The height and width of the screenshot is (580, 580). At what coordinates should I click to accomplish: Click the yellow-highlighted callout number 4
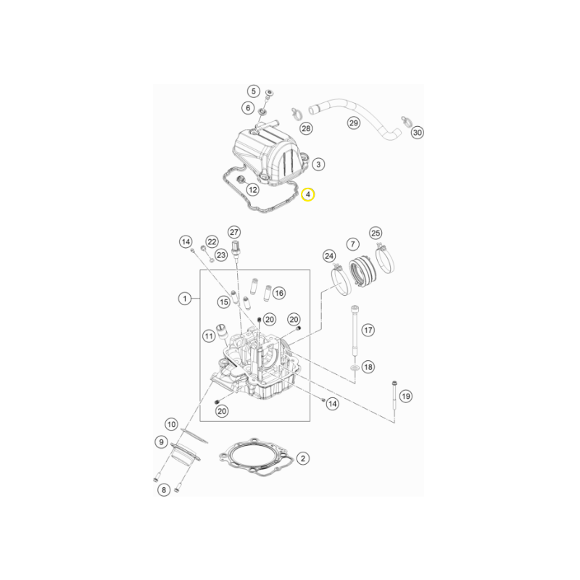click(307, 194)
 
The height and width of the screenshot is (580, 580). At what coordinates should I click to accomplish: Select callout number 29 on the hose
click(354, 123)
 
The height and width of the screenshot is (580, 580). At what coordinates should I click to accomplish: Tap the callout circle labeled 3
click(318, 164)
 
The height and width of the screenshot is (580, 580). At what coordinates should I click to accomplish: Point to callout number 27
click(233, 232)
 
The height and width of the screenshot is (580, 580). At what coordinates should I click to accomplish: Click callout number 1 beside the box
click(185, 298)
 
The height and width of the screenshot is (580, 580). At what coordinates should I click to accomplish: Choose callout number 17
click(368, 330)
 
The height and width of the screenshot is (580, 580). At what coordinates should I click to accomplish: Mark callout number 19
click(406, 396)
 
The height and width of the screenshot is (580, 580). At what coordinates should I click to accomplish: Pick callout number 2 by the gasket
click(303, 458)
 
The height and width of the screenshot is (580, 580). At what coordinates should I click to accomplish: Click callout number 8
click(164, 490)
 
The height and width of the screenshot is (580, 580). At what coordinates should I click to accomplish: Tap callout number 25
click(376, 233)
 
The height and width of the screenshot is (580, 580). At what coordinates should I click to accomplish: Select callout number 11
click(209, 336)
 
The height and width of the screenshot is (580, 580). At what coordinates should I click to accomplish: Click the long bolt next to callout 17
click(355, 331)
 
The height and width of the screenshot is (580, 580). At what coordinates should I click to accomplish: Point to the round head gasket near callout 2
click(257, 457)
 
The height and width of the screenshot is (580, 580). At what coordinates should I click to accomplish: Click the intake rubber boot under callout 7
click(363, 270)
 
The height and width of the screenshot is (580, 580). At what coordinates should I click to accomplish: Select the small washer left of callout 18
click(355, 368)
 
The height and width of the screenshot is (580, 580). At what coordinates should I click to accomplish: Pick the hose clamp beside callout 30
click(406, 121)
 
